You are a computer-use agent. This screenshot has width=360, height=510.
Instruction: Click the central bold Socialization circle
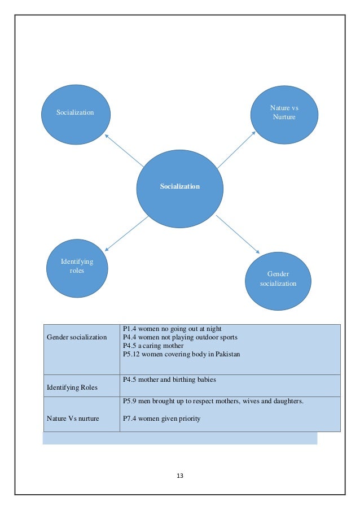coord(179,186)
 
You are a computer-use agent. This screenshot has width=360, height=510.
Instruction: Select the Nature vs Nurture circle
coord(284,112)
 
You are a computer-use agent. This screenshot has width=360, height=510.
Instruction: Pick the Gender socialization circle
coord(278,278)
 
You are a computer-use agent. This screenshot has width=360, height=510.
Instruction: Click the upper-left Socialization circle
coord(75,112)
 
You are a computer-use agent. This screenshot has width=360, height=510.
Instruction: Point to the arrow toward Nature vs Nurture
coord(236,150)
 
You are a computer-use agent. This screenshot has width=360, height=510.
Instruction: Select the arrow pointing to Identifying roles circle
coord(126,233)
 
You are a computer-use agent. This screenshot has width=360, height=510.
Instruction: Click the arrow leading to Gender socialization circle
coord(238,234)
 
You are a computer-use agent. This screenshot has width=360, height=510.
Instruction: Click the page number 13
coord(180,476)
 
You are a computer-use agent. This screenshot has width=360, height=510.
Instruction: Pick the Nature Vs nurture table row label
coord(73,419)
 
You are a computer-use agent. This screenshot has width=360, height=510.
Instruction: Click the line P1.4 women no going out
coord(172,329)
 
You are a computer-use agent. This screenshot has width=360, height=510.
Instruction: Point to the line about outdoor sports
coord(180,337)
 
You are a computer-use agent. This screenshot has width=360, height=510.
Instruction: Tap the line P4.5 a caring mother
coord(152,346)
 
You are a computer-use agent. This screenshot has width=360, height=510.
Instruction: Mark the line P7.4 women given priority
coord(161,419)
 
